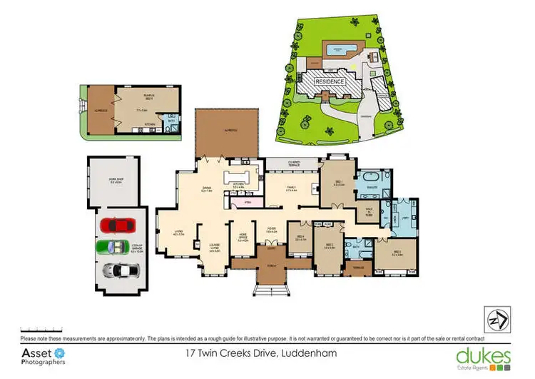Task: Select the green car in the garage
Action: (114, 248)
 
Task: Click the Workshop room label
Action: (116, 183)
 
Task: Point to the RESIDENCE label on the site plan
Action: (331, 81)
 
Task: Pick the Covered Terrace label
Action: (292, 163)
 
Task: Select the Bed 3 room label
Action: (397, 253)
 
